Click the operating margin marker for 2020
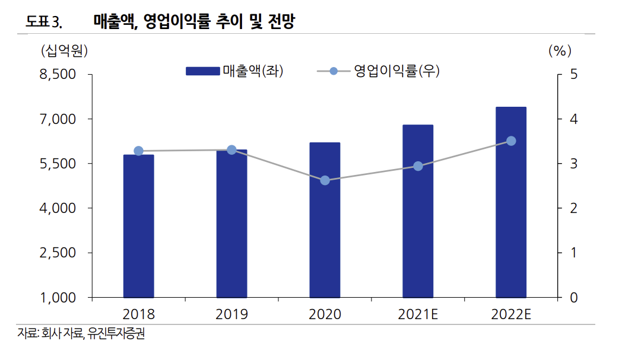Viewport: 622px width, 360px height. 325,180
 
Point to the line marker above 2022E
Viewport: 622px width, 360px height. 511,141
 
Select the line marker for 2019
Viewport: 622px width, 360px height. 231,149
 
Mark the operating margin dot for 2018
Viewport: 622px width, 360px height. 138,151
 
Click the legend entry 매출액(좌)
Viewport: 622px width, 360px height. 234,71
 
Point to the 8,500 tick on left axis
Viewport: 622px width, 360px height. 59,75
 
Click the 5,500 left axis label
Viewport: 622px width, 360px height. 59,164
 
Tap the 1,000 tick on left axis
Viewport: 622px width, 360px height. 59,298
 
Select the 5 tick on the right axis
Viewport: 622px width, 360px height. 573,75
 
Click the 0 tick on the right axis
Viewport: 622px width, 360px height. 573,298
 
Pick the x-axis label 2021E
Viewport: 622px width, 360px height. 418,314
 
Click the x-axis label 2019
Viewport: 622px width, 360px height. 231,314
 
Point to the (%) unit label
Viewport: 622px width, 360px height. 559,51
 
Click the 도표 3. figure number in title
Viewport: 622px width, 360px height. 43,23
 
